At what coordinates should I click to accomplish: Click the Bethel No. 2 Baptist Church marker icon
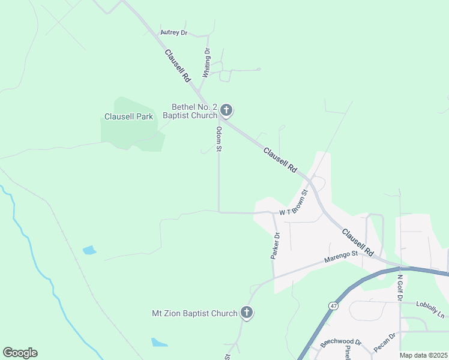pyautogui.click(x=226, y=110)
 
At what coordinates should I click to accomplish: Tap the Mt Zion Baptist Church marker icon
pyautogui.click(x=246, y=313)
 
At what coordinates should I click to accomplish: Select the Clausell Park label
pyautogui.click(x=128, y=116)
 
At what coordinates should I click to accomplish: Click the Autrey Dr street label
pyautogui.click(x=174, y=33)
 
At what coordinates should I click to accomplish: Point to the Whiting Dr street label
pyautogui.click(x=206, y=63)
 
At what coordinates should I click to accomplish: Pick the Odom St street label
pyautogui.click(x=219, y=139)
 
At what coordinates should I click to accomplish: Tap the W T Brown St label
pyautogui.click(x=293, y=204)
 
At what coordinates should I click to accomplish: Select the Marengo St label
pyautogui.click(x=341, y=256)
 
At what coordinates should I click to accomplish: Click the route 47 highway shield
pyautogui.click(x=333, y=306)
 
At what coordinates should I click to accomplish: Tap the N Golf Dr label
pyautogui.click(x=400, y=287)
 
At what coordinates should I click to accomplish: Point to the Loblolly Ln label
pyautogui.click(x=432, y=313)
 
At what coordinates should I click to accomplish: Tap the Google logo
pyautogui.click(x=20, y=353)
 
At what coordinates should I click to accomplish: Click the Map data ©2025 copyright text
pyautogui.click(x=423, y=355)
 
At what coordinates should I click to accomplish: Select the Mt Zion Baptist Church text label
pyautogui.click(x=194, y=313)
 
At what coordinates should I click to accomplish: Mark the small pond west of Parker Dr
pyautogui.click(x=89, y=250)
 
